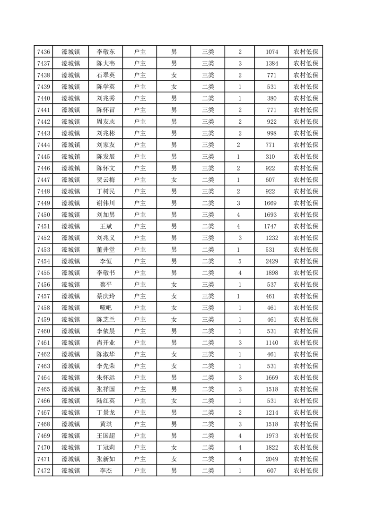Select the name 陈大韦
(x=105, y=63)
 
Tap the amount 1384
(x=271, y=63)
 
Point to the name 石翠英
(x=105, y=75)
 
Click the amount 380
(x=271, y=98)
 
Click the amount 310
(x=271, y=156)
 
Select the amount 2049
(x=271, y=459)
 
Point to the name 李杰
(x=105, y=470)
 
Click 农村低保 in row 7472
(x=305, y=470)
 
